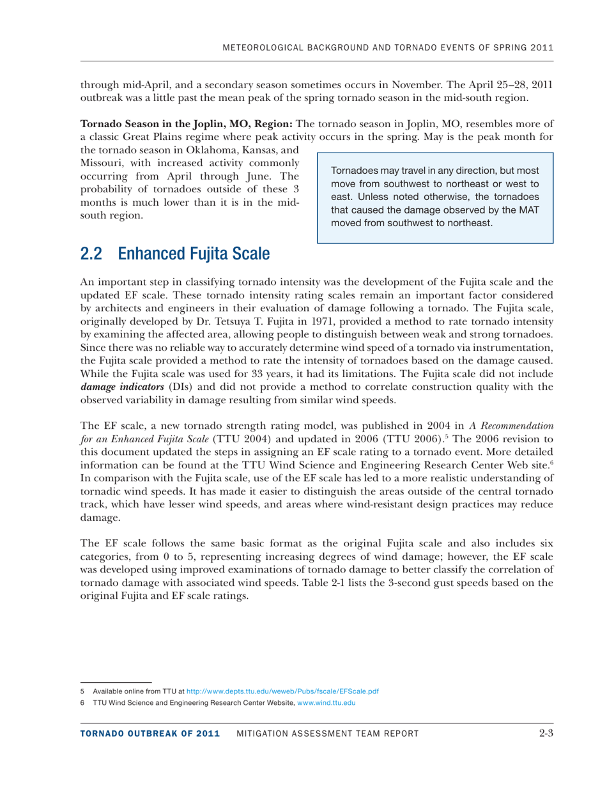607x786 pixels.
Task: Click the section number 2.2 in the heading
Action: [91, 254]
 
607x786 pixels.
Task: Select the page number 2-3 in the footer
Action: [545, 733]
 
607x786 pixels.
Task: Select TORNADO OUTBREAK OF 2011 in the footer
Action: [150, 734]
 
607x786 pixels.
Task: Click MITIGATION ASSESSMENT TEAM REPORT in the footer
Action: [327, 734]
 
